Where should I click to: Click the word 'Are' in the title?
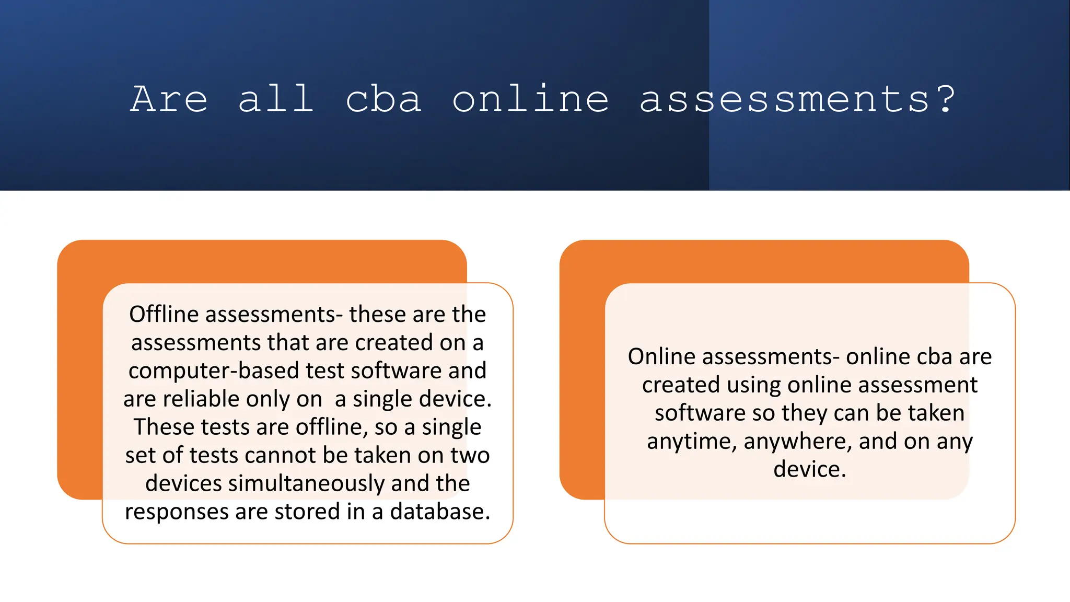[x=169, y=99]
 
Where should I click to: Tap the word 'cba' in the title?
[x=383, y=99]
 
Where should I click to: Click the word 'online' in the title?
[x=530, y=99]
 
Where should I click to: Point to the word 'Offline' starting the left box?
[x=164, y=315]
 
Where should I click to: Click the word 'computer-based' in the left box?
[x=214, y=371]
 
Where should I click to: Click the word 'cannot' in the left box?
[x=280, y=455]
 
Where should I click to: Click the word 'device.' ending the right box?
[x=809, y=469]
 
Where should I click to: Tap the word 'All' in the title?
[x=276, y=99]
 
